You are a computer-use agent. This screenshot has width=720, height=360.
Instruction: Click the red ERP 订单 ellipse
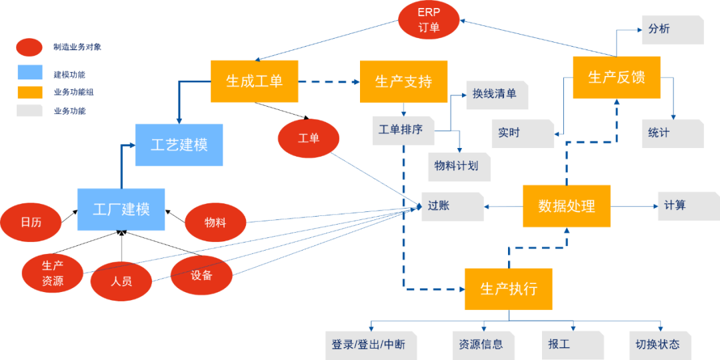(429, 20)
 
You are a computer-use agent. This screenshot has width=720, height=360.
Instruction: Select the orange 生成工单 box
(254, 81)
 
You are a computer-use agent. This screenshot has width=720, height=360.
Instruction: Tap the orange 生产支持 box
(403, 81)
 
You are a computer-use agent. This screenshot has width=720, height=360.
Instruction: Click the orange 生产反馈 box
(617, 77)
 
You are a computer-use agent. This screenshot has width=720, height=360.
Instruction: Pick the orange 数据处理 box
(566, 206)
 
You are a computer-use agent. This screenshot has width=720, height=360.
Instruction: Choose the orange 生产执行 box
(509, 289)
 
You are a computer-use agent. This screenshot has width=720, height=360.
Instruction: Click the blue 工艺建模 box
(179, 145)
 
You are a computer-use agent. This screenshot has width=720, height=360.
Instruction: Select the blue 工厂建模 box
(121, 209)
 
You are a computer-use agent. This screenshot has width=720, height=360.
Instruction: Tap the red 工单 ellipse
(309, 139)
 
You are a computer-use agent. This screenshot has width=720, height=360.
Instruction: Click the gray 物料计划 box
(459, 166)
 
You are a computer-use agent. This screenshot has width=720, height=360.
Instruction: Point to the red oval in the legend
(29, 47)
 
